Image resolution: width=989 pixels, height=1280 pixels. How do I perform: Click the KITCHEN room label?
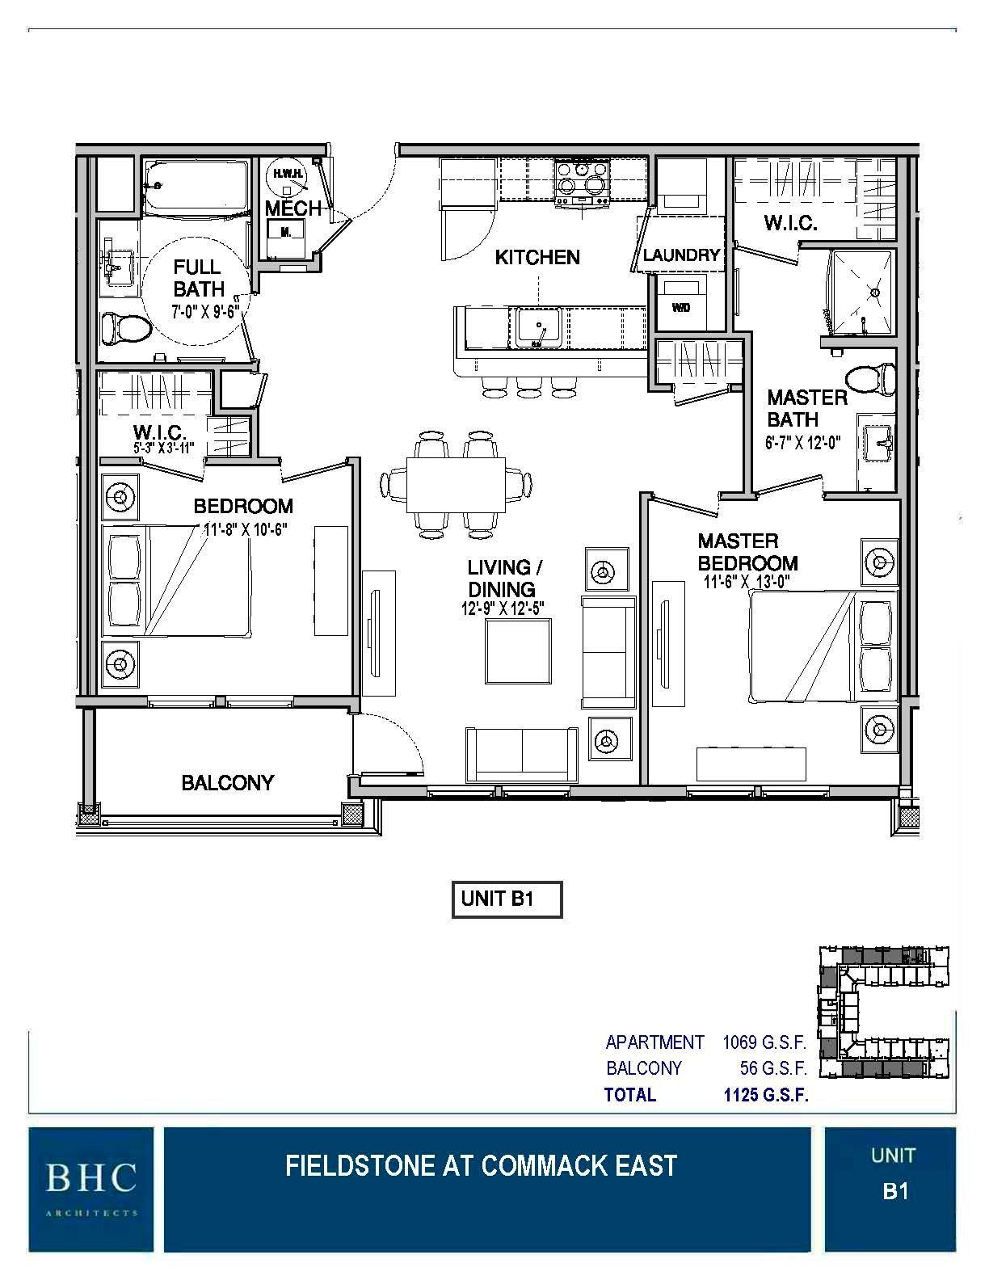pos(537,257)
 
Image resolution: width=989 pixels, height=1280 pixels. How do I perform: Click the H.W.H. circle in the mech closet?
pos(284,175)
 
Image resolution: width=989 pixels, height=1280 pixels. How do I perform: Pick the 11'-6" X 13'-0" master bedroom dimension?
pos(746,581)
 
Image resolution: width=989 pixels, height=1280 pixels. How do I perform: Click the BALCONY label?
pos(227,782)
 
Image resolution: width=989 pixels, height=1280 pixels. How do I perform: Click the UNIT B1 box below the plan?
pos(506,899)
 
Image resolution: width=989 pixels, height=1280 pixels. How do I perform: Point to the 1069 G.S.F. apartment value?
pos(764,1042)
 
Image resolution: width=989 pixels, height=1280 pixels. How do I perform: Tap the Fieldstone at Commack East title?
pos(481,1165)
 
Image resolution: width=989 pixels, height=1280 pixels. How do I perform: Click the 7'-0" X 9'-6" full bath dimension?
pos(205,310)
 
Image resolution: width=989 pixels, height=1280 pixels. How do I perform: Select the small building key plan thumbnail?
pos(884,1013)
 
